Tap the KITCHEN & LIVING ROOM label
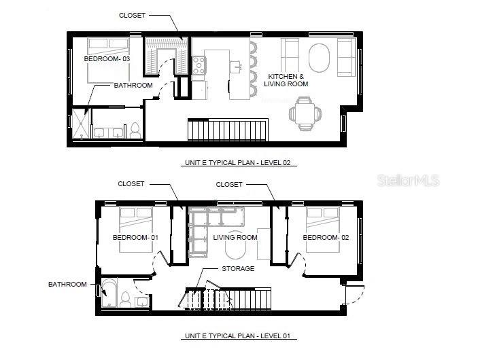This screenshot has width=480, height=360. [288, 80]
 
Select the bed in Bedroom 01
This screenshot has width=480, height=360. [135, 229]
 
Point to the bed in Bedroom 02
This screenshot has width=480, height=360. [322, 229]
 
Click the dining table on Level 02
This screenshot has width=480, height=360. [304, 113]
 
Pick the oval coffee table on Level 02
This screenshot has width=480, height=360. [319, 58]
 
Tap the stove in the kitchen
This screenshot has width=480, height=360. [199, 65]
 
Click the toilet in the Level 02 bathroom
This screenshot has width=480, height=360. [135, 130]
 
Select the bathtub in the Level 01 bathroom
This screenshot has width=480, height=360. [109, 293]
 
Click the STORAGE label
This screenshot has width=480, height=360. [238, 269]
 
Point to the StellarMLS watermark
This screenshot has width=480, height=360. [408, 181]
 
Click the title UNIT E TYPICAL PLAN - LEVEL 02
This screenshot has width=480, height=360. [241, 163]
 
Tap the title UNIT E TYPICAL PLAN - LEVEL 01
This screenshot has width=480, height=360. [241, 336]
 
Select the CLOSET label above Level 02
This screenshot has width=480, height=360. [132, 15]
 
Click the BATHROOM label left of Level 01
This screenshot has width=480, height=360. [67, 284]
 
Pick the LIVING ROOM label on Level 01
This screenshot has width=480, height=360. [235, 238]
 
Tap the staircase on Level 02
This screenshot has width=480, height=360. [228, 129]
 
